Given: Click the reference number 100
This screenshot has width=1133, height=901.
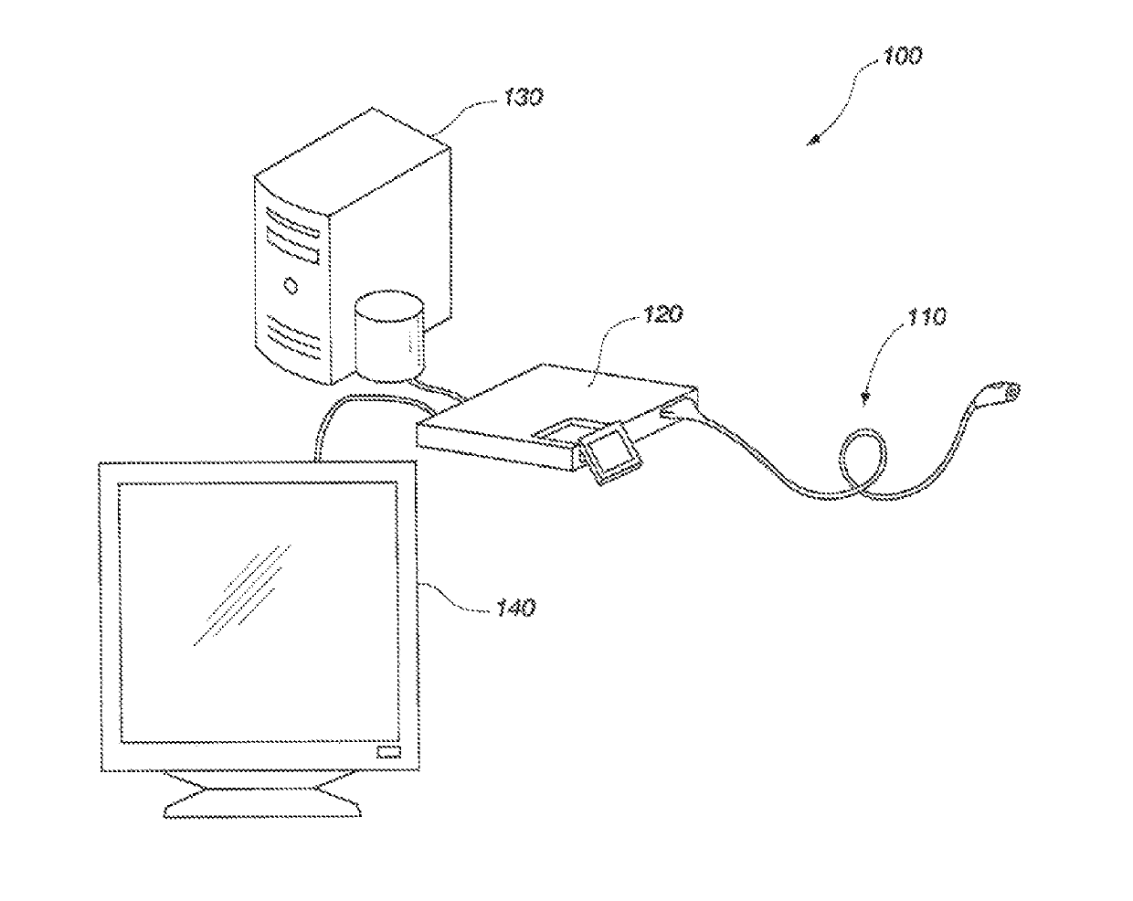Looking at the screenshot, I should pyautogui.click(x=903, y=56).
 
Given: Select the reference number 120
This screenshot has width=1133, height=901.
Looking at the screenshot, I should pyautogui.click(x=662, y=315).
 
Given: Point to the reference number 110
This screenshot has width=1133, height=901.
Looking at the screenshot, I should pyautogui.click(x=927, y=317).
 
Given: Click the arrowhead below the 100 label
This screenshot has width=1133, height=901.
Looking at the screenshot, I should pyautogui.click(x=812, y=141).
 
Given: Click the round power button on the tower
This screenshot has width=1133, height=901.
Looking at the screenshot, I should pyautogui.click(x=291, y=285).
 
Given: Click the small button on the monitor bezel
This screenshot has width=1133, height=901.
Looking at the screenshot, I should pyautogui.click(x=387, y=752).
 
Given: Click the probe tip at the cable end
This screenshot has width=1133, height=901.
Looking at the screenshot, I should pyautogui.click(x=1009, y=391).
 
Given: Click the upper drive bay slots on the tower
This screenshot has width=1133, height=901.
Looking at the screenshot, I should pyautogui.click(x=294, y=237).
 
